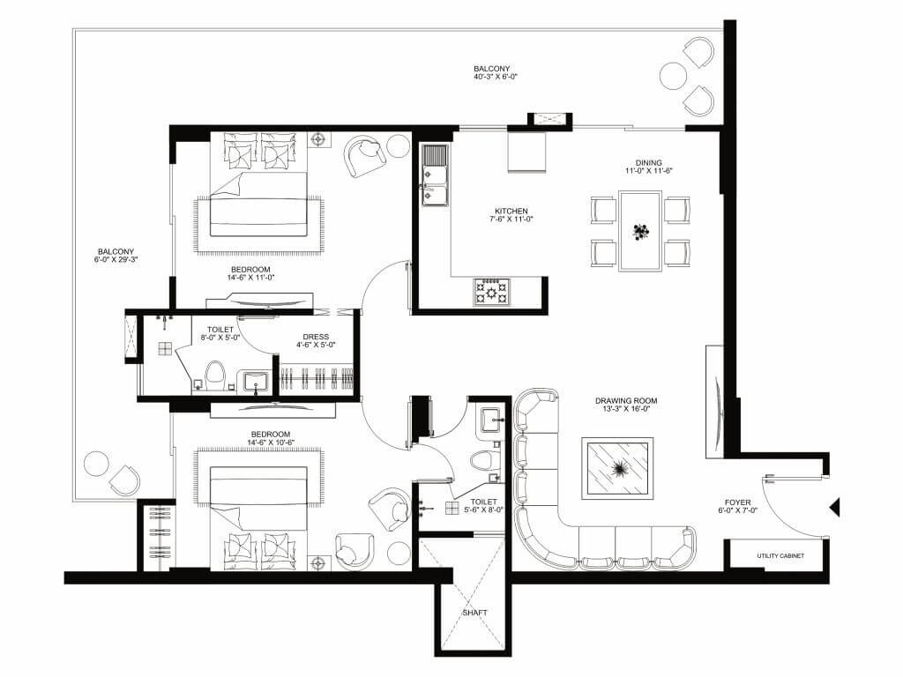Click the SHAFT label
click(x=474, y=613)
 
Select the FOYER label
click(x=737, y=502)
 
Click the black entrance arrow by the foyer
click(x=834, y=508)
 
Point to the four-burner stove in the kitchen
click(x=491, y=291)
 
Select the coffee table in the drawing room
click(x=619, y=468)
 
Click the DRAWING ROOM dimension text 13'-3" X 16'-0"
click(x=626, y=409)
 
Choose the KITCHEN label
click(x=511, y=212)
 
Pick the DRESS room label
click(x=315, y=336)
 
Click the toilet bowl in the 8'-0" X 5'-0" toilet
click(x=213, y=374)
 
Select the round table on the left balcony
click(x=94, y=464)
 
